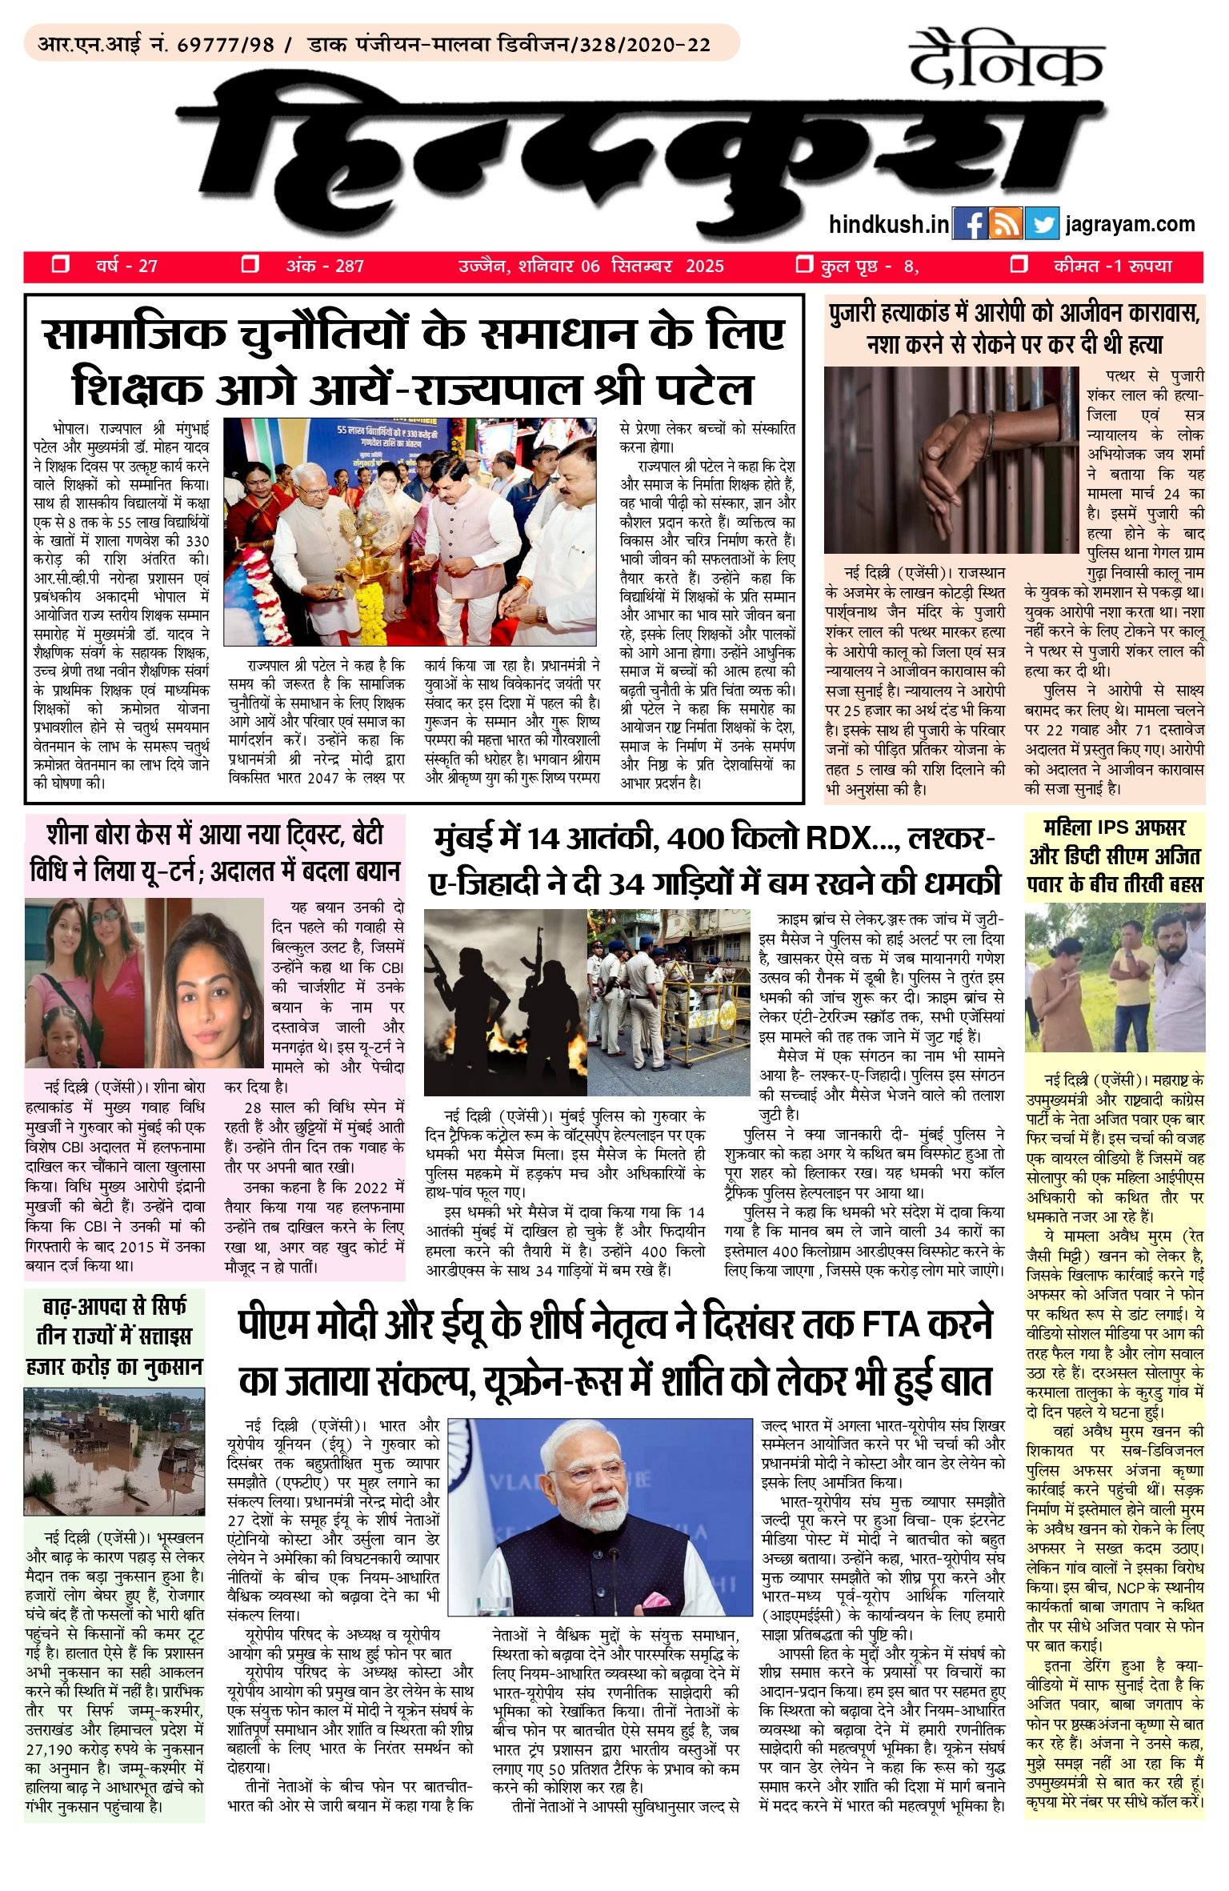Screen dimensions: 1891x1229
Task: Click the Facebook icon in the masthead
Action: point(971,224)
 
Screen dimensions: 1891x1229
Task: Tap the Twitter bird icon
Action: point(1042,224)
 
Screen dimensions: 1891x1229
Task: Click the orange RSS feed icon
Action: point(1006,224)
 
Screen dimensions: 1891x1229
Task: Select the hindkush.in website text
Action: point(889,225)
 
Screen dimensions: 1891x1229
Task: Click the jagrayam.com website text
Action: point(1130,225)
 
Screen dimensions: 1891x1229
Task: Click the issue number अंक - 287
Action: point(325,266)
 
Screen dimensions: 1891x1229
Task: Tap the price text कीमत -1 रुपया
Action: point(1112,266)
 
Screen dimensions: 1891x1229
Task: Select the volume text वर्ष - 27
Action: point(126,266)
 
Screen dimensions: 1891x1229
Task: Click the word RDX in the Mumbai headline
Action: point(843,839)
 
